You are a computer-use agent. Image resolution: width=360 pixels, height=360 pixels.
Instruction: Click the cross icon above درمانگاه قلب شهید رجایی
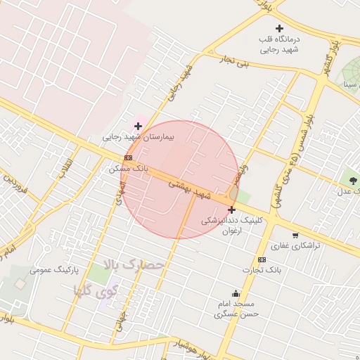point(279,28)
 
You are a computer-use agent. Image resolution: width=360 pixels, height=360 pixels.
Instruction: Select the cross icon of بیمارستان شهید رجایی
point(138,126)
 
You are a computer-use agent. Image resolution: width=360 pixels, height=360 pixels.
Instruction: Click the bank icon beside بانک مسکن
point(128,158)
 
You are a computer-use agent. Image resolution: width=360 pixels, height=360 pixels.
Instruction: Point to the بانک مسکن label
point(127,169)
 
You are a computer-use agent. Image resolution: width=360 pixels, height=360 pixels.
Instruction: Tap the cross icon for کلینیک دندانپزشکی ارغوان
point(231,210)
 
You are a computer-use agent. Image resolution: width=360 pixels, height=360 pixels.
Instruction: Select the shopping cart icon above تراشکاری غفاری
point(295,236)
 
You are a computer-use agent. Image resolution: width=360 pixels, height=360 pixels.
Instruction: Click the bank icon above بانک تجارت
point(262,259)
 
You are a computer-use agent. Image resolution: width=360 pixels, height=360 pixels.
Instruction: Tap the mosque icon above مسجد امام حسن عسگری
point(236,294)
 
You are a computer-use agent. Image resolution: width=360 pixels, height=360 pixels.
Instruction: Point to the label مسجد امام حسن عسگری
point(236,309)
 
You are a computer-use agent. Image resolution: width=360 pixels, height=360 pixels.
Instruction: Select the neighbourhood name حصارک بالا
point(133,265)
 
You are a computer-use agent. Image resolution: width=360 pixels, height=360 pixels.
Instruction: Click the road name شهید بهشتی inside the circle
point(190,186)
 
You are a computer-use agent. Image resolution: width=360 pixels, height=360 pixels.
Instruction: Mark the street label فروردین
point(15,186)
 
